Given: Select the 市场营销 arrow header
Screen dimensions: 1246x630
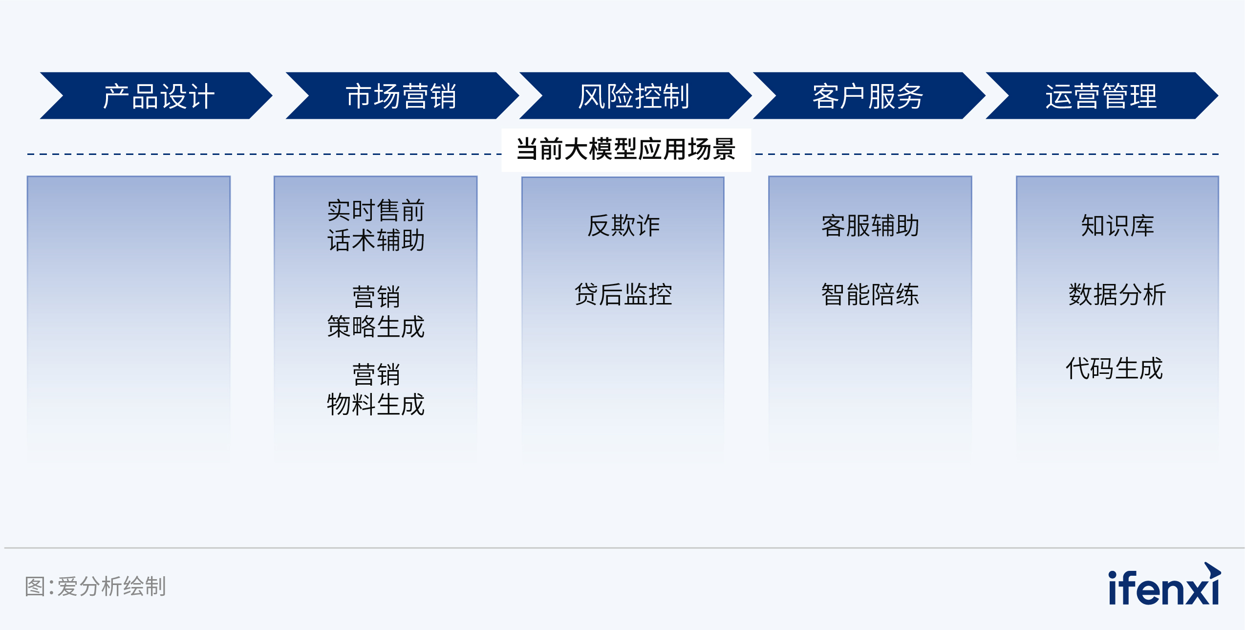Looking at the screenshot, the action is [x=402, y=96].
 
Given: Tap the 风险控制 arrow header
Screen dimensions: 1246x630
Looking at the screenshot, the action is [x=635, y=96].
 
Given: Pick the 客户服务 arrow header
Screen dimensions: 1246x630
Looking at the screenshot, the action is [x=869, y=96].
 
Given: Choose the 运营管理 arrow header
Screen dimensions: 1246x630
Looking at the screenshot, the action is [x=1102, y=96].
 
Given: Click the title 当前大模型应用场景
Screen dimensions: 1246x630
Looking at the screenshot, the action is [x=626, y=149].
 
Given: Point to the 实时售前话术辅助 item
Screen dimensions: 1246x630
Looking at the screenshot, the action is [x=376, y=225].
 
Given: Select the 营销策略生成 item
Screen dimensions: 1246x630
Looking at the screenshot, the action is [x=376, y=312].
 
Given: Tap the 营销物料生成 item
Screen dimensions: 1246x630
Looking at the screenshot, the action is [x=376, y=390].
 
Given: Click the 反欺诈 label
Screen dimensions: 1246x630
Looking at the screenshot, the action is [x=623, y=226].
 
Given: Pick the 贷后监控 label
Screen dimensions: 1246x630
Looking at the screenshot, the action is [x=623, y=294].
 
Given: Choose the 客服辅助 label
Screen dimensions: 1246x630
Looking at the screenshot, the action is [x=870, y=226].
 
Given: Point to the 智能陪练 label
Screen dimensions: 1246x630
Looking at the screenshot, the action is [x=870, y=294].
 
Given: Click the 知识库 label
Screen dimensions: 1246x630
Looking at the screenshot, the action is [x=1117, y=226].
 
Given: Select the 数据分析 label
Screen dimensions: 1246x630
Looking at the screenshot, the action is [x=1117, y=294].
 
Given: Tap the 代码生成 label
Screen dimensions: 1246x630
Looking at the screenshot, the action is [x=1114, y=368].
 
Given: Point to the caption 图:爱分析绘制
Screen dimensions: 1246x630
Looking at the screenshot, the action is [x=95, y=586].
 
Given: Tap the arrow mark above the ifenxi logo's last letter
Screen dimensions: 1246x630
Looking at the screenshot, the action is [x=1212, y=570].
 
